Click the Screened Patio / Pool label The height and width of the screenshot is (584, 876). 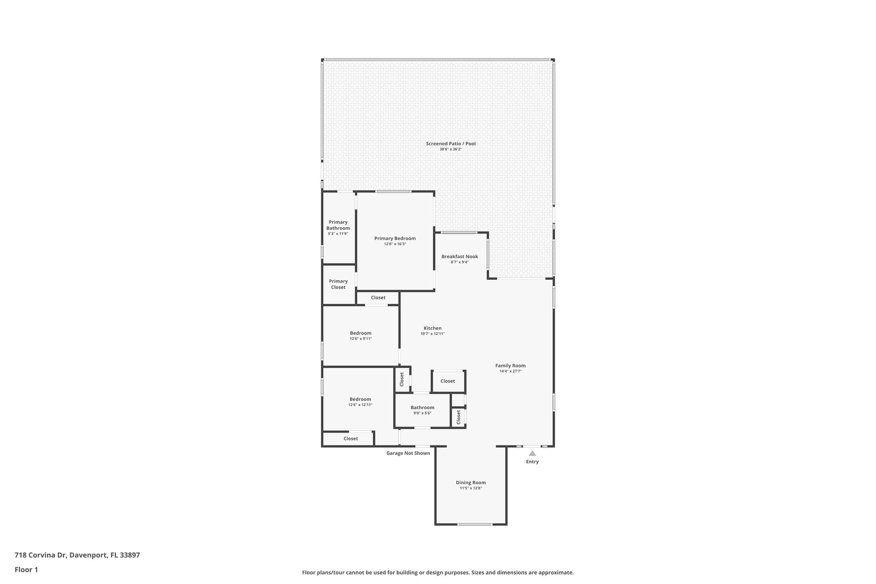450,144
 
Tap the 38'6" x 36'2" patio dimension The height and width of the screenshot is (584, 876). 450,149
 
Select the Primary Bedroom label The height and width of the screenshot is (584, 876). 395,238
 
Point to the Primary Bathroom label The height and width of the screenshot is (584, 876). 338,225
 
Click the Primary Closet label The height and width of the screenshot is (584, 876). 338,284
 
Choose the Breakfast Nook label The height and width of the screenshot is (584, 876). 459,257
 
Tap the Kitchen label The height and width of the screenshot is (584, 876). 432,328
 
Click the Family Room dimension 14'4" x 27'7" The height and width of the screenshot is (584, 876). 510,371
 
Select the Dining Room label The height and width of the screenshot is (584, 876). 471,483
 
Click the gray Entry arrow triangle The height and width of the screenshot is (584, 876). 532,453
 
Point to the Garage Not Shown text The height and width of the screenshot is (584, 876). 408,453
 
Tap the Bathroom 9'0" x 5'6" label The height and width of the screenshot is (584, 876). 422,408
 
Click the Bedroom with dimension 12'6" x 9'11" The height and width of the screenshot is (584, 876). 361,333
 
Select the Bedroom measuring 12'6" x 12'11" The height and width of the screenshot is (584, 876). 360,399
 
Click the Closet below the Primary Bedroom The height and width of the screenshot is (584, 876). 378,298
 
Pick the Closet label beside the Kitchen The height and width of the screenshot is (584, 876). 447,381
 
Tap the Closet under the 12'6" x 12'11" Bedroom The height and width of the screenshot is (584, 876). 350,439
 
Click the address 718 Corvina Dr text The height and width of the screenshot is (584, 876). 77,555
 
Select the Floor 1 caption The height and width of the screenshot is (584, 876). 26,569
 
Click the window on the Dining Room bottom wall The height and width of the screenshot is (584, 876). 474,524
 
